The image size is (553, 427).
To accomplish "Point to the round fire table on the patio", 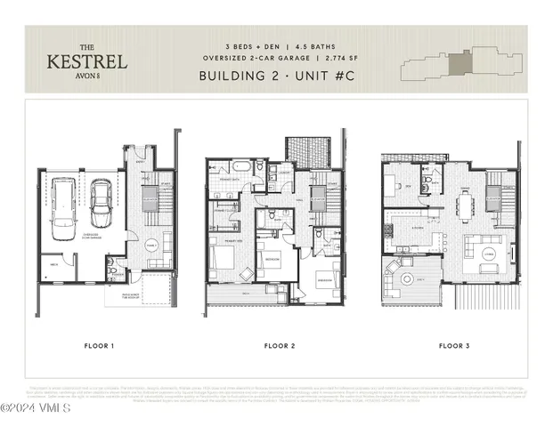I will tap(408, 278).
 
